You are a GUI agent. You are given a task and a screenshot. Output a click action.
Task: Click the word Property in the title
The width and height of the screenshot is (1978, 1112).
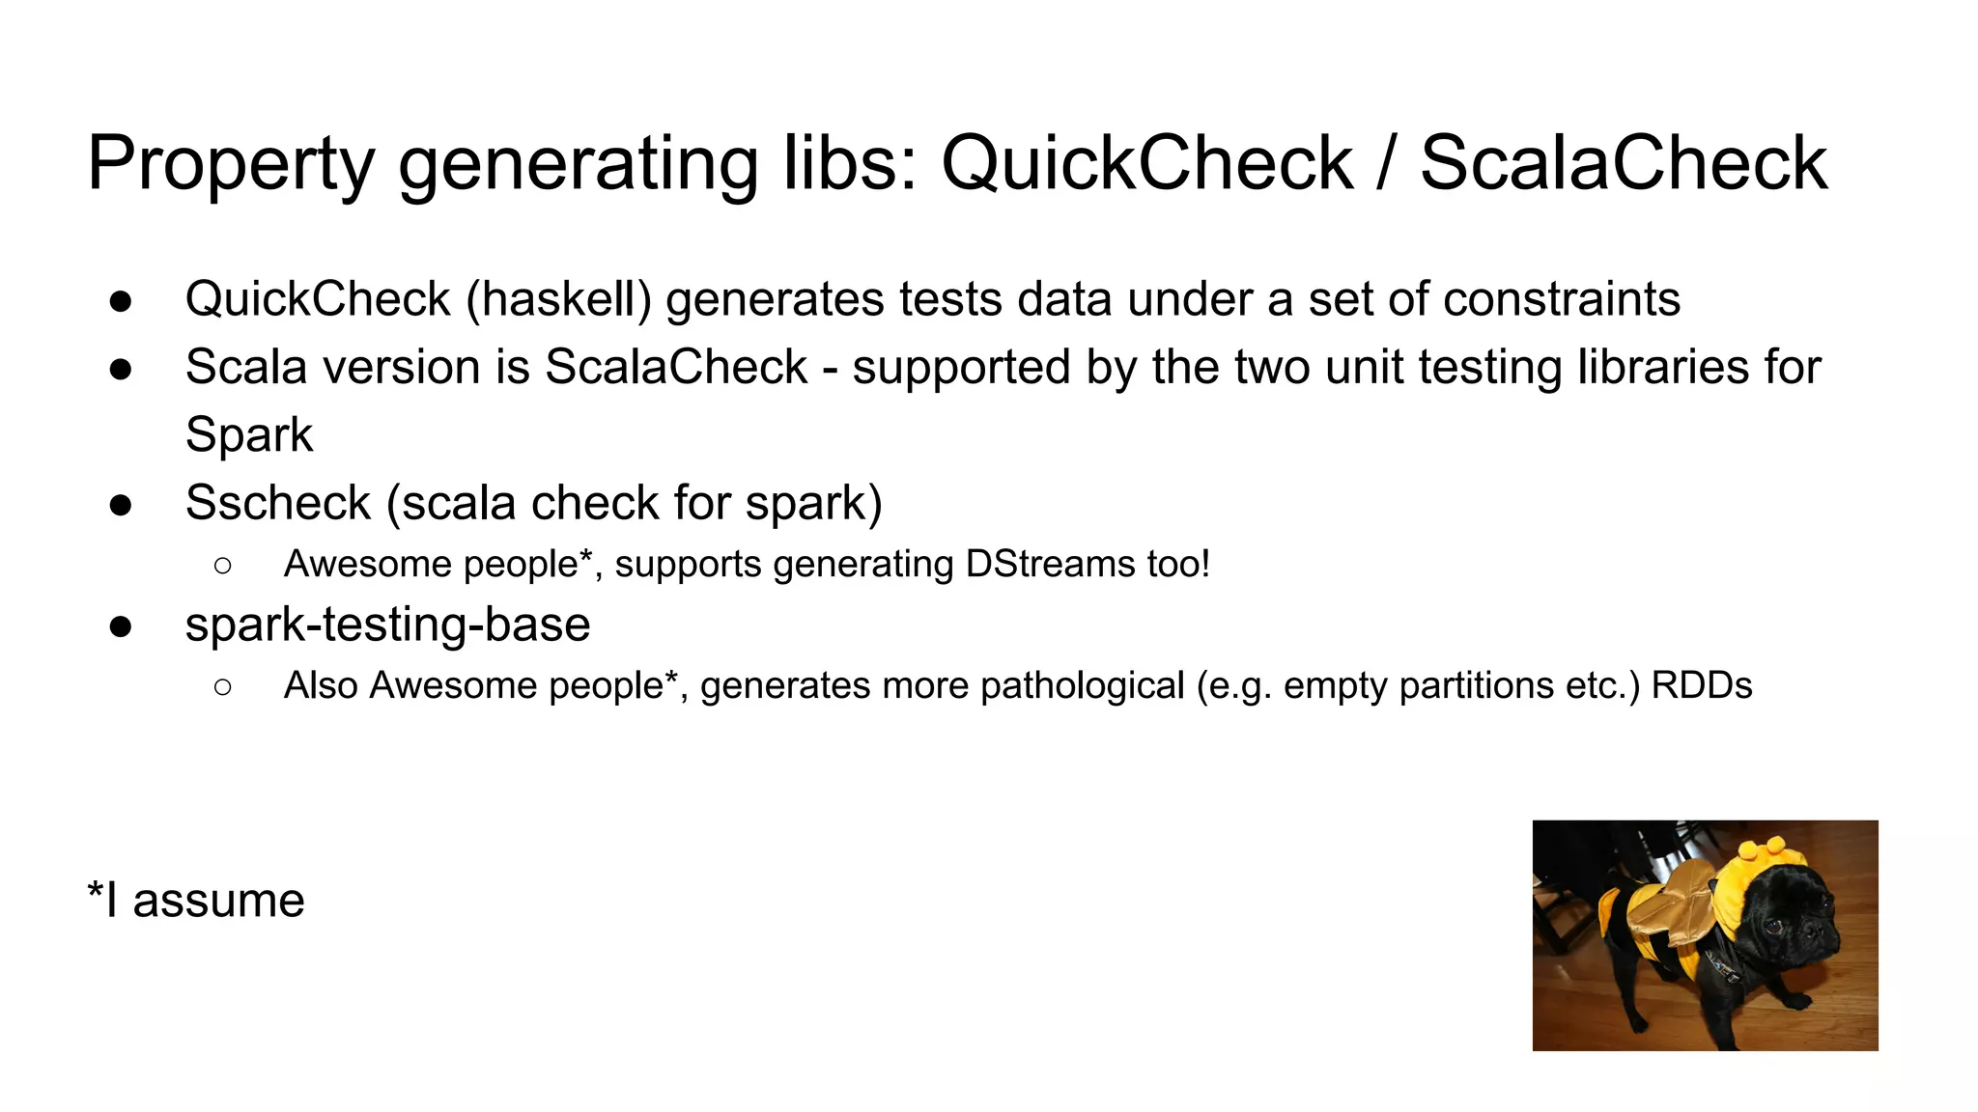click(x=231, y=164)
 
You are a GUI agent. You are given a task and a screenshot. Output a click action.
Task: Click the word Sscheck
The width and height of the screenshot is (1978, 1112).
click(x=278, y=503)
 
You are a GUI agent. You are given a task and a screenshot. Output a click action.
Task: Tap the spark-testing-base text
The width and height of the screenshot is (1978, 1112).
click(x=387, y=625)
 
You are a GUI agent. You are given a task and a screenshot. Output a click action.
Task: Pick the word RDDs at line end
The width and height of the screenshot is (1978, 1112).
click(x=1701, y=685)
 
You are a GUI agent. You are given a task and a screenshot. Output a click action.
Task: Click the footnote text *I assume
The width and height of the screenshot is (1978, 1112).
click(x=196, y=901)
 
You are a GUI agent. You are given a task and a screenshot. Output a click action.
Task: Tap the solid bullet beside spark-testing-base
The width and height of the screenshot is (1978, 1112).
click(x=121, y=626)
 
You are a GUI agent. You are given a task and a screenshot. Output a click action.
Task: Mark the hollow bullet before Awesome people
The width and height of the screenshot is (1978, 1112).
click(x=223, y=566)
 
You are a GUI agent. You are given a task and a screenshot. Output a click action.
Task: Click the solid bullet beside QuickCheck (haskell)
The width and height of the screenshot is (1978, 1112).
click(x=121, y=301)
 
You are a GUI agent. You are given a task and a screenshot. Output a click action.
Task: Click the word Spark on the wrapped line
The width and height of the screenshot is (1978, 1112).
click(x=249, y=434)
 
